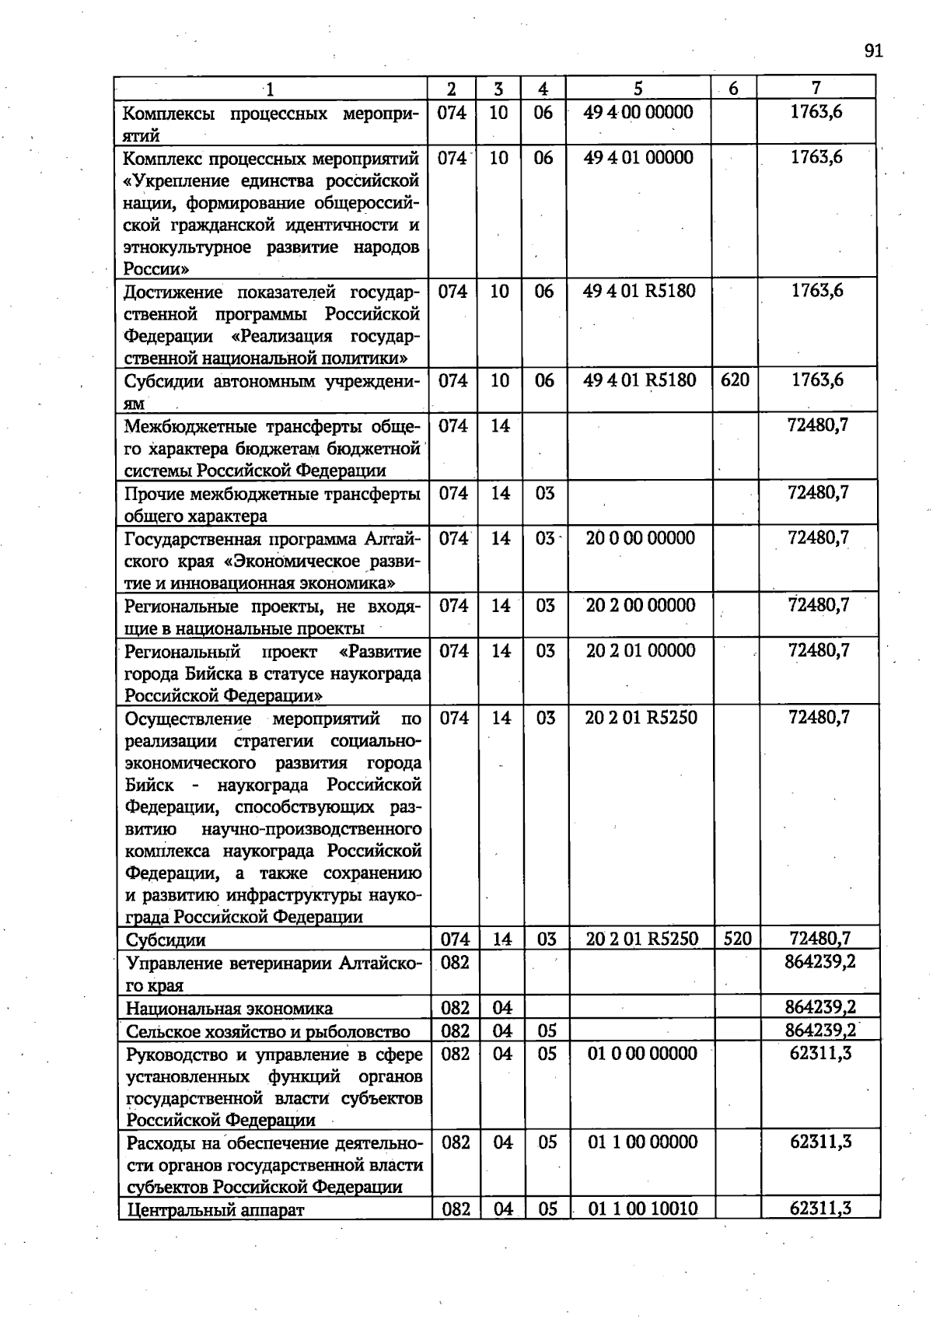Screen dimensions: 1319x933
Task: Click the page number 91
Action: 873,51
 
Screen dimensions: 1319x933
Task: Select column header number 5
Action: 638,89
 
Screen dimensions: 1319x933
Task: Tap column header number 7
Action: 816,88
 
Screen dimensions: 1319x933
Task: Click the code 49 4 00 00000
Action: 638,112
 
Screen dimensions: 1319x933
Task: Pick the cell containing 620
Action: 735,380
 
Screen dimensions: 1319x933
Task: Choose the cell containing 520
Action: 737,939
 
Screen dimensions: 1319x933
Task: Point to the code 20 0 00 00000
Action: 640,538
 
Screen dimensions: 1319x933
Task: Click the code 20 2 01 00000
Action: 641,651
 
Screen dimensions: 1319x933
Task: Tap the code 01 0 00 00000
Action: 643,1054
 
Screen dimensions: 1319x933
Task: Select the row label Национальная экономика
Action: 229,1009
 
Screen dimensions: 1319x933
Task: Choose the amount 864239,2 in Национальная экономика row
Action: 819,1008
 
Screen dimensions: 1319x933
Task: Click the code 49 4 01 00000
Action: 638,158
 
